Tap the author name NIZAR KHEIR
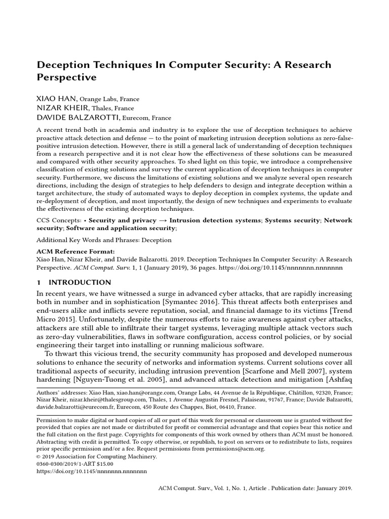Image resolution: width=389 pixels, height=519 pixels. click(63, 108)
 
